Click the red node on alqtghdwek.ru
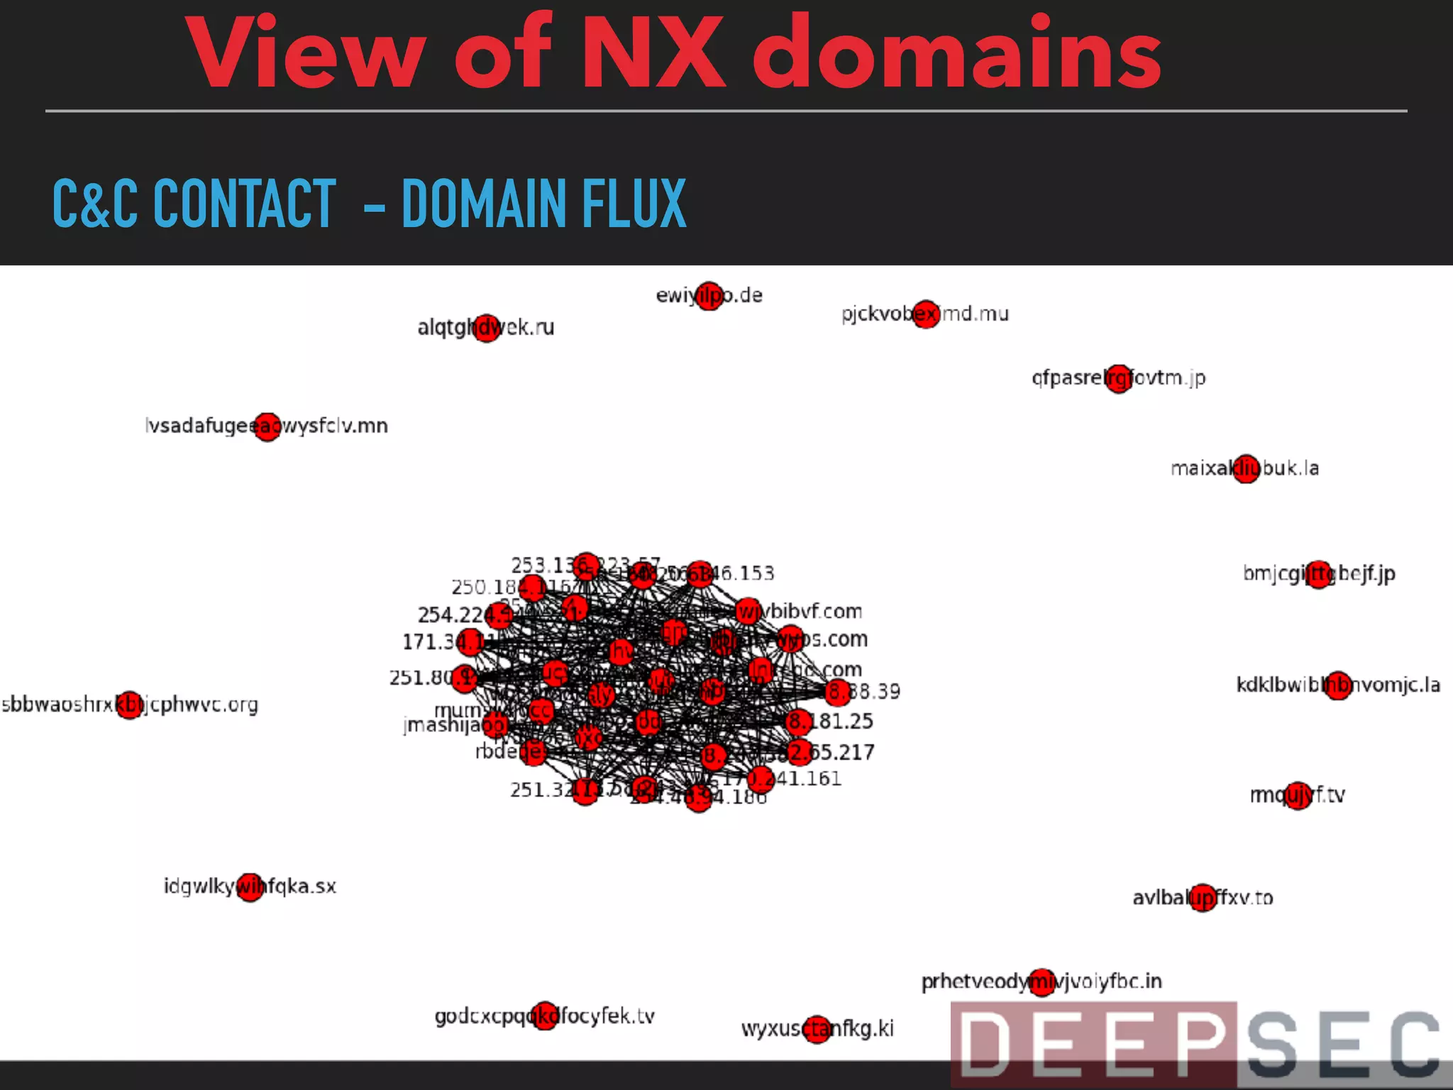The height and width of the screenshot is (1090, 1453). coord(487,328)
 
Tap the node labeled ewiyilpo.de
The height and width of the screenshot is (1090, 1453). coord(709,296)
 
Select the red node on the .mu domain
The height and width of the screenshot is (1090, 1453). coord(926,314)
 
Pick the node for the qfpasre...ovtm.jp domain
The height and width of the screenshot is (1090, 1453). coord(1119,378)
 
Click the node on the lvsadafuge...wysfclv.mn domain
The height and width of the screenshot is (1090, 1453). coord(267,426)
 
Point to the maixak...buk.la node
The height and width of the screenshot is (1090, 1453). coord(1246,468)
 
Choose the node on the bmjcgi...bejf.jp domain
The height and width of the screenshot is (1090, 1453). coord(1319,574)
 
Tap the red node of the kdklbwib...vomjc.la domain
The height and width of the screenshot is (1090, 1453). coord(1338,686)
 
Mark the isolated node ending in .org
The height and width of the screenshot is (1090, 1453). coord(130,705)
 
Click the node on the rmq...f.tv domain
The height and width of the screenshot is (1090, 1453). coord(1298,796)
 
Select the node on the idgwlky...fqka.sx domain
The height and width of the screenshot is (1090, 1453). coord(250,887)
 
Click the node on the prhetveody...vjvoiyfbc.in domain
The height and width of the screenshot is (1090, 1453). coord(1042,982)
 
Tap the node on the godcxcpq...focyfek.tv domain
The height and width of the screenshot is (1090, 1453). coord(545,1015)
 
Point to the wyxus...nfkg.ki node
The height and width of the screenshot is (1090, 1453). coord(817,1028)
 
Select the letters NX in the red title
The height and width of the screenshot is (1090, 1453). coord(653,53)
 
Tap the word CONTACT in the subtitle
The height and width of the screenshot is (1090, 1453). coord(244,204)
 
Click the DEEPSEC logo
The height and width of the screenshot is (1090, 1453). coord(1199,1043)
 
